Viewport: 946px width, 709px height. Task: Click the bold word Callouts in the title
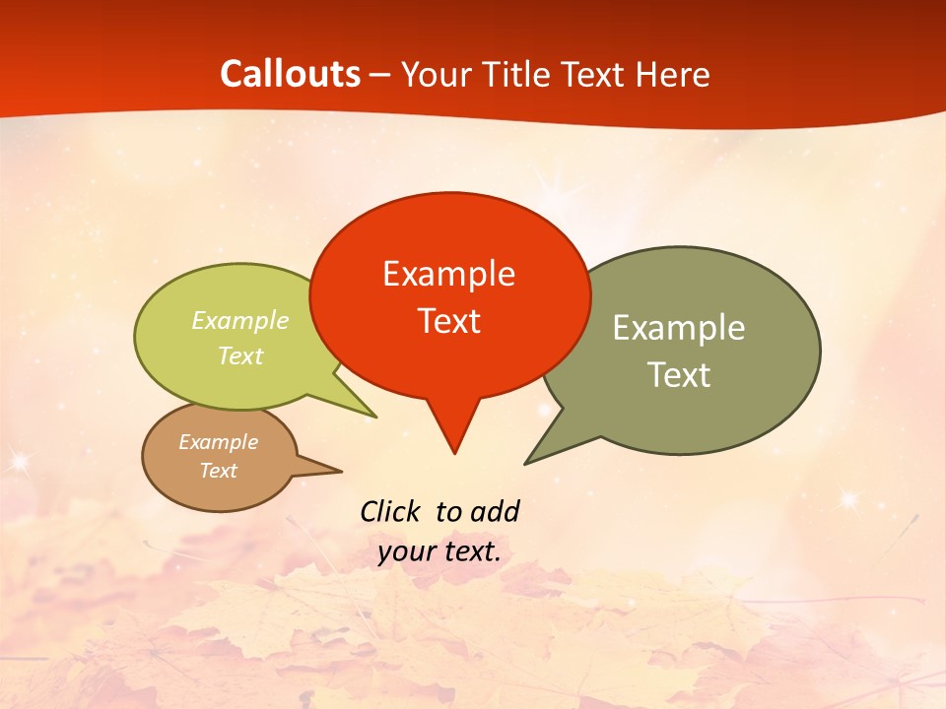[x=290, y=74]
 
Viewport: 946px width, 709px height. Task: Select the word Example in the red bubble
[x=448, y=274]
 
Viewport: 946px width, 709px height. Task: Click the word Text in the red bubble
[x=448, y=321]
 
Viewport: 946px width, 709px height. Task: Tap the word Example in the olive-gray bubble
[x=678, y=328]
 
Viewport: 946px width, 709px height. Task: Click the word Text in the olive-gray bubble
[x=678, y=375]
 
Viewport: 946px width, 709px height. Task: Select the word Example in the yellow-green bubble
[x=239, y=321]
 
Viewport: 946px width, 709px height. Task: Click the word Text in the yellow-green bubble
[x=239, y=356]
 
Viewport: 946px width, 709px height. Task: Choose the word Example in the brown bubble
[x=218, y=443]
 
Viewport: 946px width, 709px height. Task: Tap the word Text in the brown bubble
[x=218, y=471]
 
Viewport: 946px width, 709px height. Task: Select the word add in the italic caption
[x=494, y=511]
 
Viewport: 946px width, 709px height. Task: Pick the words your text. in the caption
[x=439, y=551]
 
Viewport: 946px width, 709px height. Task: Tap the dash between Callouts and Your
[x=381, y=75]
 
